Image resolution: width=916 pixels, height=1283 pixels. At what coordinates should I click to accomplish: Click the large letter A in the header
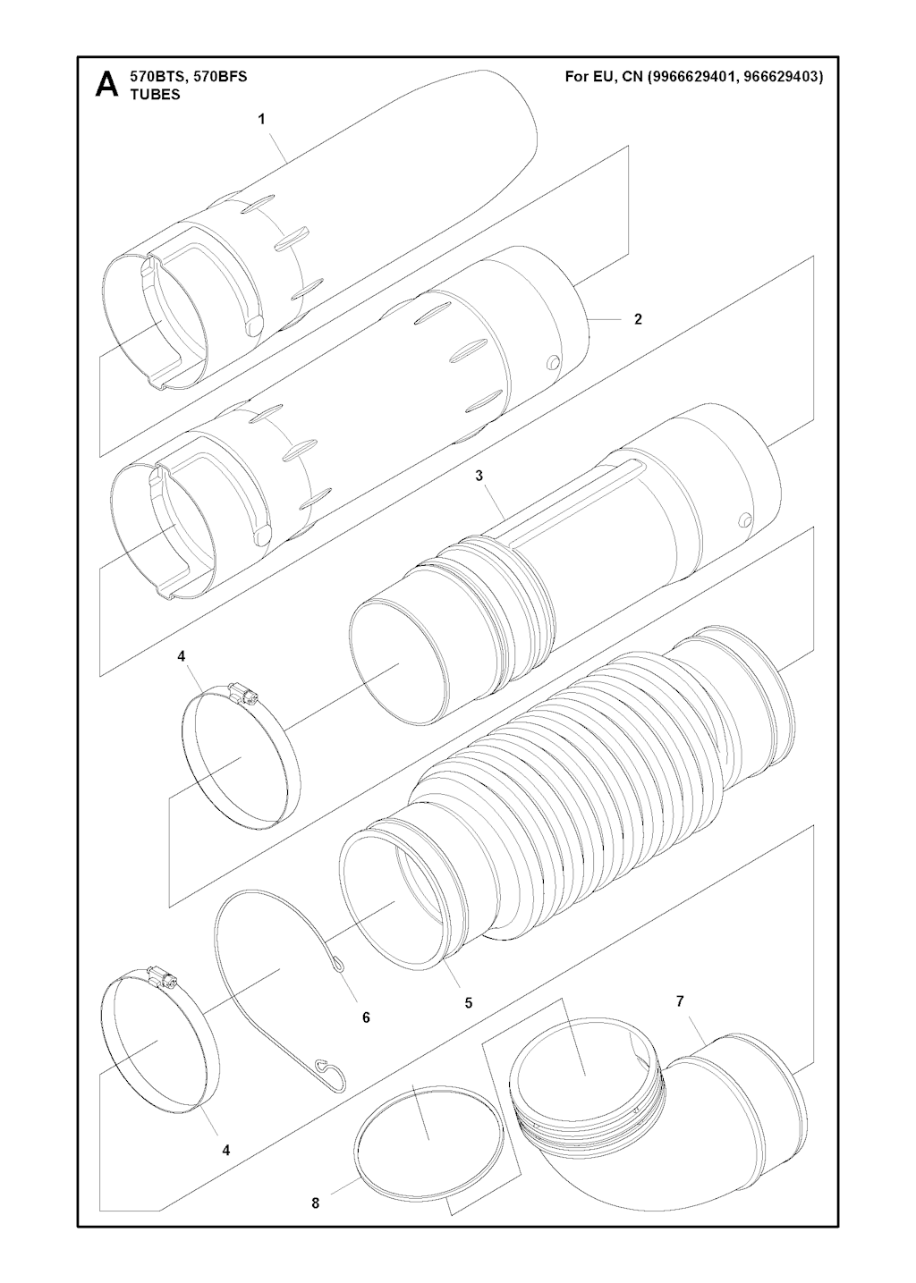tap(107, 84)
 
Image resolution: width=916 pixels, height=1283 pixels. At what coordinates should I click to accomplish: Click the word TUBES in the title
tap(156, 96)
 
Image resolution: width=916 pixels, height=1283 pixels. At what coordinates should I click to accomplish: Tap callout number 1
tap(261, 119)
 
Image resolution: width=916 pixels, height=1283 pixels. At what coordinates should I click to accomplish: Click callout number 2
tap(638, 319)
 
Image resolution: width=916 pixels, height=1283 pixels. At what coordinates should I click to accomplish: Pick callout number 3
tap(479, 476)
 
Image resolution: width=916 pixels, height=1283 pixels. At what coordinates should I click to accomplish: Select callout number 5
tap(469, 1002)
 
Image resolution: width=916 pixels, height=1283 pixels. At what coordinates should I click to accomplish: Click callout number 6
tap(366, 1017)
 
